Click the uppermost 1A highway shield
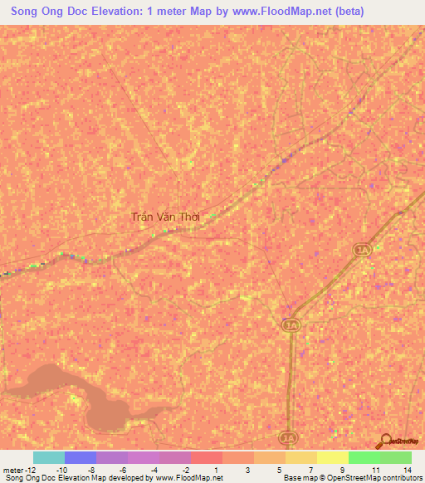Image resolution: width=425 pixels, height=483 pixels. tap(361, 250)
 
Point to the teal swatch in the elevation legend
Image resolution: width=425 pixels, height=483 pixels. tap(48, 457)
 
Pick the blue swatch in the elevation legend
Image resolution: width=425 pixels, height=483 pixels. tap(80, 457)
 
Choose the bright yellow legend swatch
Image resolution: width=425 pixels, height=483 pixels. tap(332, 457)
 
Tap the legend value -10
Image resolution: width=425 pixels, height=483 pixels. tap(61, 469)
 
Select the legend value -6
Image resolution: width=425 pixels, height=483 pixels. tap(123, 469)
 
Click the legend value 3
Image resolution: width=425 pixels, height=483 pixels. tap(248, 469)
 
